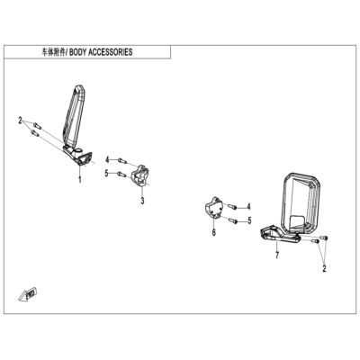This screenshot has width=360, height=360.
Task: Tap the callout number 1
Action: (x=80, y=180)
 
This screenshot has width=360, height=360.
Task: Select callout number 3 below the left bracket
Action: (x=142, y=201)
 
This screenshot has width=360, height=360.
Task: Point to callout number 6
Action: (x=214, y=232)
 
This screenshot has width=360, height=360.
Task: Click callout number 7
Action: (x=277, y=256)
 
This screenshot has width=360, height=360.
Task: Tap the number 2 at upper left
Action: (x=20, y=121)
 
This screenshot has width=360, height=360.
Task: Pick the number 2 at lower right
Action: (x=324, y=268)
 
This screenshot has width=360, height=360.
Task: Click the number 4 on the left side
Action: (x=107, y=160)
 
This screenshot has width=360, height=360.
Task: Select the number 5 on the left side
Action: (x=106, y=173)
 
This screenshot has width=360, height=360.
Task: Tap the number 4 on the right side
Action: (x=248, y=206)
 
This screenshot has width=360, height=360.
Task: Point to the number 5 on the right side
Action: (x=249, y=220)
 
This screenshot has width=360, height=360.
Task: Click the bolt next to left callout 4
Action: (x=121, y=161)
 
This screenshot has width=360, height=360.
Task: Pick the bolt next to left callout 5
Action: (x=121, y=174)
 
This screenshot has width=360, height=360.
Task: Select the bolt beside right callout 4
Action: (x=233, y=207)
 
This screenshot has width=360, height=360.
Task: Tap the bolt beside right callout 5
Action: (x=233, y=220)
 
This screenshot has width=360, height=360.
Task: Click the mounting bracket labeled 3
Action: (x=139, y=175)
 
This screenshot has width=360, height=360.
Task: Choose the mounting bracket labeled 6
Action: (x=213, y=208)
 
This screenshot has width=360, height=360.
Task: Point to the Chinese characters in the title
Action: (x=54, y=52)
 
